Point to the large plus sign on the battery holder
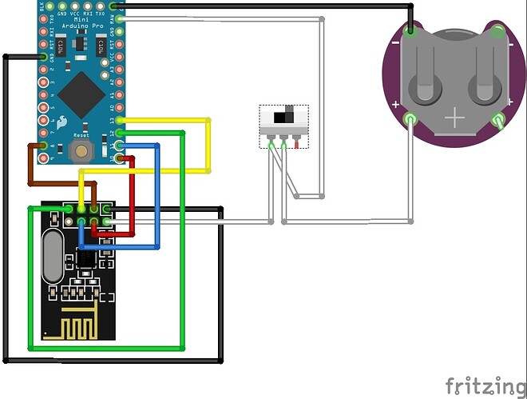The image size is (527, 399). [x=455, y=118]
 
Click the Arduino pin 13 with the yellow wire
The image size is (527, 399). [x=120, y=120]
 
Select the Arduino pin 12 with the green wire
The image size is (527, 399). [x=120, y=133]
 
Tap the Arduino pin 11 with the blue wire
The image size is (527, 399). [x=120, y=146]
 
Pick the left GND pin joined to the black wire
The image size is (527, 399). [x=43, y=56]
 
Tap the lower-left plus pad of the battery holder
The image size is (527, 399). [x=410, y=119]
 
